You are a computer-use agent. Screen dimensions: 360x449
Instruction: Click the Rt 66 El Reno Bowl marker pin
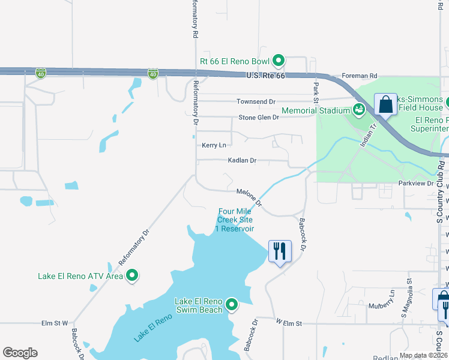pos(279,60)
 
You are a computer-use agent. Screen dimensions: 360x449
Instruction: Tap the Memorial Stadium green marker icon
pos(358,110)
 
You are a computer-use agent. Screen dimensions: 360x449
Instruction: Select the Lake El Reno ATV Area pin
pos(133,276)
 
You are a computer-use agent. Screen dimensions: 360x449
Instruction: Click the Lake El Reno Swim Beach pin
pos(232,305)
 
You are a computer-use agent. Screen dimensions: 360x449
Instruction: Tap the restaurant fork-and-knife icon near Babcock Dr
pos(279,250)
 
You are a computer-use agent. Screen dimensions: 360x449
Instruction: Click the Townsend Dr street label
pos(255,102)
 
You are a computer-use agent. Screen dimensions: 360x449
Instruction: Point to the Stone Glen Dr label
pos(259,118)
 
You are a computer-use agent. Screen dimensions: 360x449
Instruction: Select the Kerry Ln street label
pos(214,146)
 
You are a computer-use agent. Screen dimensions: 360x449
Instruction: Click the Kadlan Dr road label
pos(242,161)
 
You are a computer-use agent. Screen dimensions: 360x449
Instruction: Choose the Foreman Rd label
pos(359,76)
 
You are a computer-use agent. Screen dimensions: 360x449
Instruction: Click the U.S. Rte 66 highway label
pos(265,76)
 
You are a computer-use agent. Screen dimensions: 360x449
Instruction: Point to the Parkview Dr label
pos(416,183)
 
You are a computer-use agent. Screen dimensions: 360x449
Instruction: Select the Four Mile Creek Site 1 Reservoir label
pos(236,220)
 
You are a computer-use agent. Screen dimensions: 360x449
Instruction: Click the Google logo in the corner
pos(20,353)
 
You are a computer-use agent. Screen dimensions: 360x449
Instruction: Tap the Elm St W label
pos(55,323)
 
